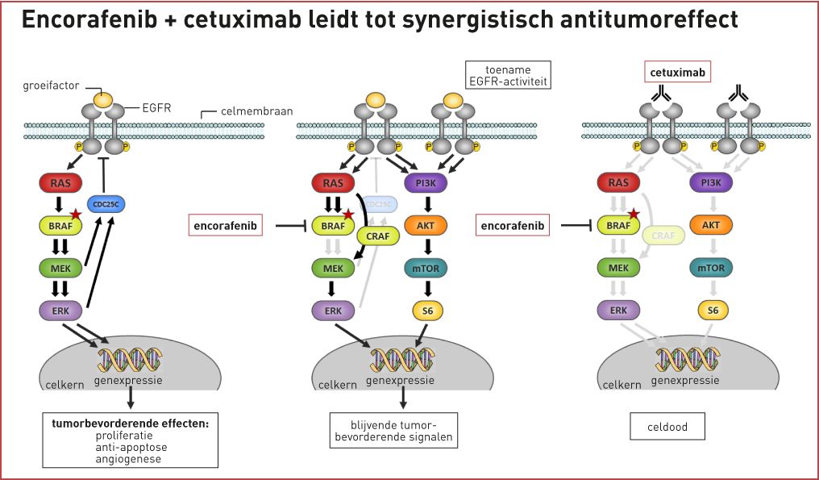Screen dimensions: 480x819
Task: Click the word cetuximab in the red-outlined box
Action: pos(679,73)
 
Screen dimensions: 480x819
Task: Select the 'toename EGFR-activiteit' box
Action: pos(507,74)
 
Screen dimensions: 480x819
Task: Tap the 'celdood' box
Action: pos(667,427)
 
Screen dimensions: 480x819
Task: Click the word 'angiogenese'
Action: pos(129,459)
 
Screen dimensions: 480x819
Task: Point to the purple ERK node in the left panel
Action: pos(60,309)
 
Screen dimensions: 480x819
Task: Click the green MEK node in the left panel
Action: pos(60,267)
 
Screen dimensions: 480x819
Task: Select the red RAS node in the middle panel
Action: pos(333,183)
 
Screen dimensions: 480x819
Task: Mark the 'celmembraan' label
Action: pos(256,110)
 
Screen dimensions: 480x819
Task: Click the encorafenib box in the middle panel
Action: pos(227,227)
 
